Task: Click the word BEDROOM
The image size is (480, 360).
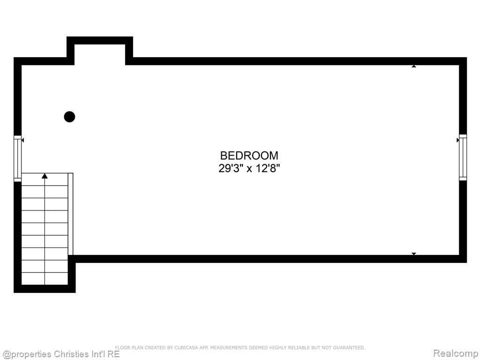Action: point(249,156)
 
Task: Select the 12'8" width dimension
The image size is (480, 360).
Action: point(268,168)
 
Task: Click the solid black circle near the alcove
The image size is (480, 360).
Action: point(69,117)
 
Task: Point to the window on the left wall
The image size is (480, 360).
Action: point(18,158)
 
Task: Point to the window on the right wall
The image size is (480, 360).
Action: point(463,157)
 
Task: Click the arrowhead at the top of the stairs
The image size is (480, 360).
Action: point(45,176)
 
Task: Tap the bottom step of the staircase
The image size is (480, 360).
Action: point(45,278)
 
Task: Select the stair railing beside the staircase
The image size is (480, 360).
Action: point(70,214)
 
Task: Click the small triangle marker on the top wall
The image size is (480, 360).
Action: point(414,66)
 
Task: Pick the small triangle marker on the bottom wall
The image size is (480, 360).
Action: point(414,254)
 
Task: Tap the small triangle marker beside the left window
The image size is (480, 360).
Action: point(22,140)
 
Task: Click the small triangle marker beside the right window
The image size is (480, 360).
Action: point(458,140)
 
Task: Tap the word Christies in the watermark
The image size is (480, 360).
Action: point(72,354)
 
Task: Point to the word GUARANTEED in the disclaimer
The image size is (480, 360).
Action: point(349,348)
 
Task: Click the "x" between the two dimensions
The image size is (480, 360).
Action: point(249,169)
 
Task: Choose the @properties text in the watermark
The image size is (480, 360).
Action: point(27,354)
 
